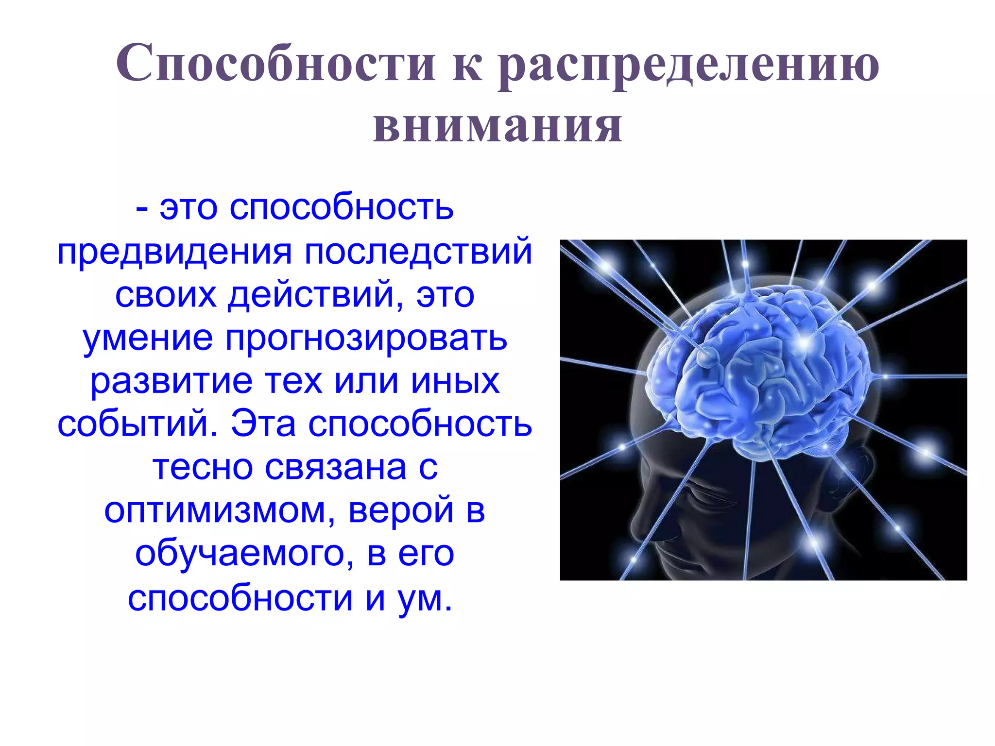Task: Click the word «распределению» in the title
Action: coord(689,66)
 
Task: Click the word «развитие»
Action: coord(172,381)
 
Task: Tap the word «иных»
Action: coord(455,381)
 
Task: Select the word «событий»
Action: coord(137,424)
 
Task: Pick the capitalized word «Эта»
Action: coord(263,424)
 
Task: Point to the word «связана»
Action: coord(335,467)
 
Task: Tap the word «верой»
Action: coord(401,510)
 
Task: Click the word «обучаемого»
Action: coord(240,554)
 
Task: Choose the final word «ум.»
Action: coord(425,597)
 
